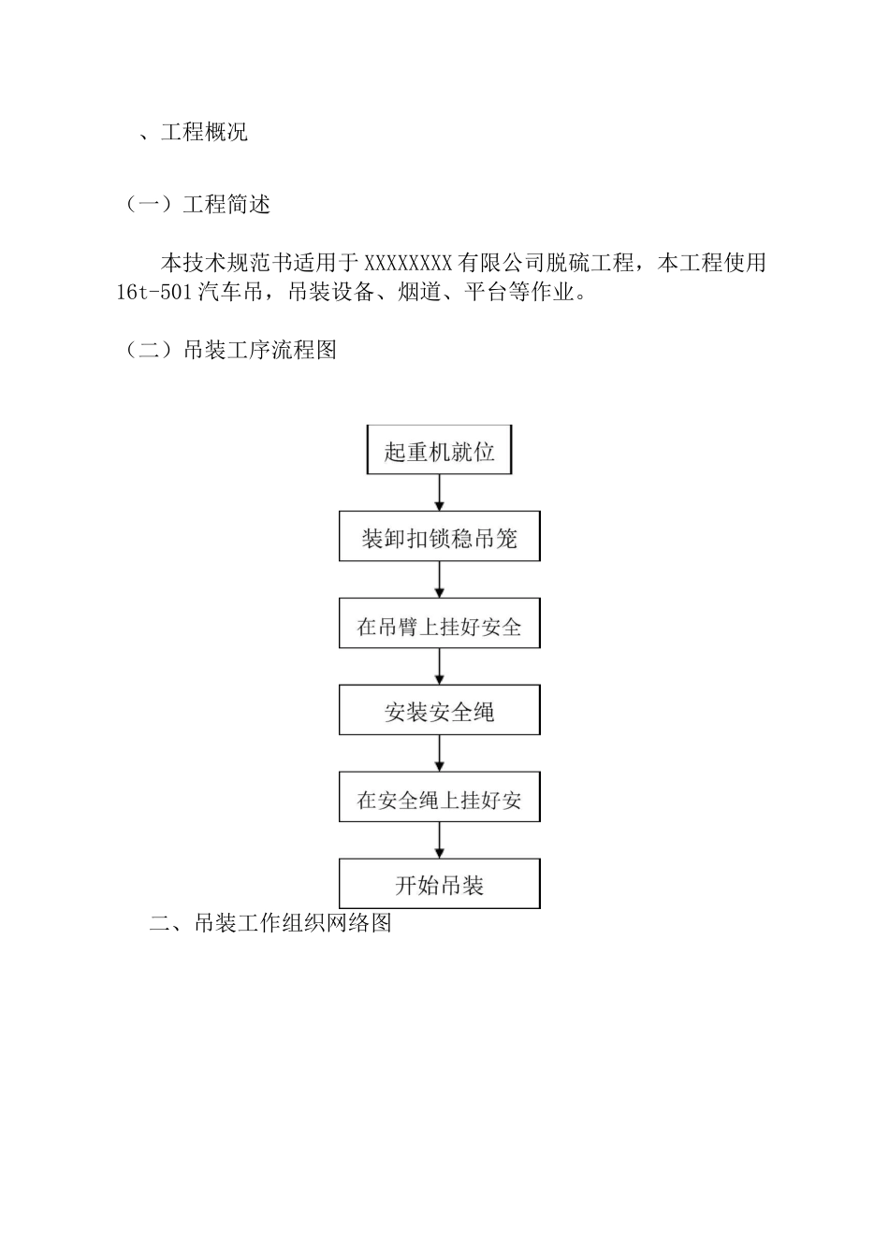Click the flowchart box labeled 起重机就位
[x=439, y=452]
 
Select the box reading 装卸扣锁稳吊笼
[x=439, y=539]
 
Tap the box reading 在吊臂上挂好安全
[x=439, y=626]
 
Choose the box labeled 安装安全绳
[x=439, y=712]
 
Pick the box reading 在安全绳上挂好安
[x=439, y=800]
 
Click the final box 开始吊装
[x=439, y=885]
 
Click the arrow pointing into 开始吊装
[x=440, y=842]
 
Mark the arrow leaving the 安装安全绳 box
[x=440, y=754]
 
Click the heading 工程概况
[x=204, y=132]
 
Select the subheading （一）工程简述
[x=197, y=204]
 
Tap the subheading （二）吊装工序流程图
[x=230, y=351]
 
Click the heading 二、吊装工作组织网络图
[x=270, y=923]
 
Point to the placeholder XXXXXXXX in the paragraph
[x=408, y=263]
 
